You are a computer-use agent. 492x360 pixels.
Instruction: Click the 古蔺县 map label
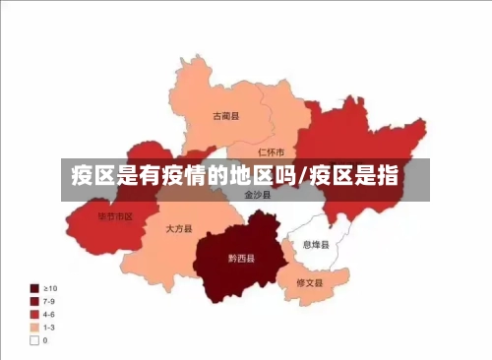[226, 116]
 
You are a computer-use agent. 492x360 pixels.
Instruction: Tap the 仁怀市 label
[271, 152]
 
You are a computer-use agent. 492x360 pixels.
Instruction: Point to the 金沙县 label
[254, 195]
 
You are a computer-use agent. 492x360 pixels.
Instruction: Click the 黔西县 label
[241, 259]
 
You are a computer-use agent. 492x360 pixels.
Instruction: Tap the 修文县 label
[310, 282]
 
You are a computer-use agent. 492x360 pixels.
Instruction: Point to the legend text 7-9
[50, 302]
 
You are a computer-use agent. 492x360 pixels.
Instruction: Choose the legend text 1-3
[50, 328]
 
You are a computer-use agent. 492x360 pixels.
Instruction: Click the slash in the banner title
[305, 177]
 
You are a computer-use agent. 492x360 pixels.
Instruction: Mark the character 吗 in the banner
[286, 177]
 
